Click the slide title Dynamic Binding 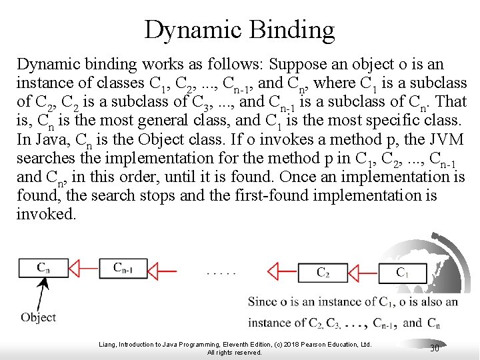(239, 30)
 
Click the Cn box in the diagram (43, 268)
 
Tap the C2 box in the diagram (323, 271)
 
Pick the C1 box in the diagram (402, 271)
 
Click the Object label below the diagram (38, 317)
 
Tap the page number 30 (435, 348)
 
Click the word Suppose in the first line (298, 65)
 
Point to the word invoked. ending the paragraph (46, 215)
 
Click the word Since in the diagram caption (263, 301)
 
